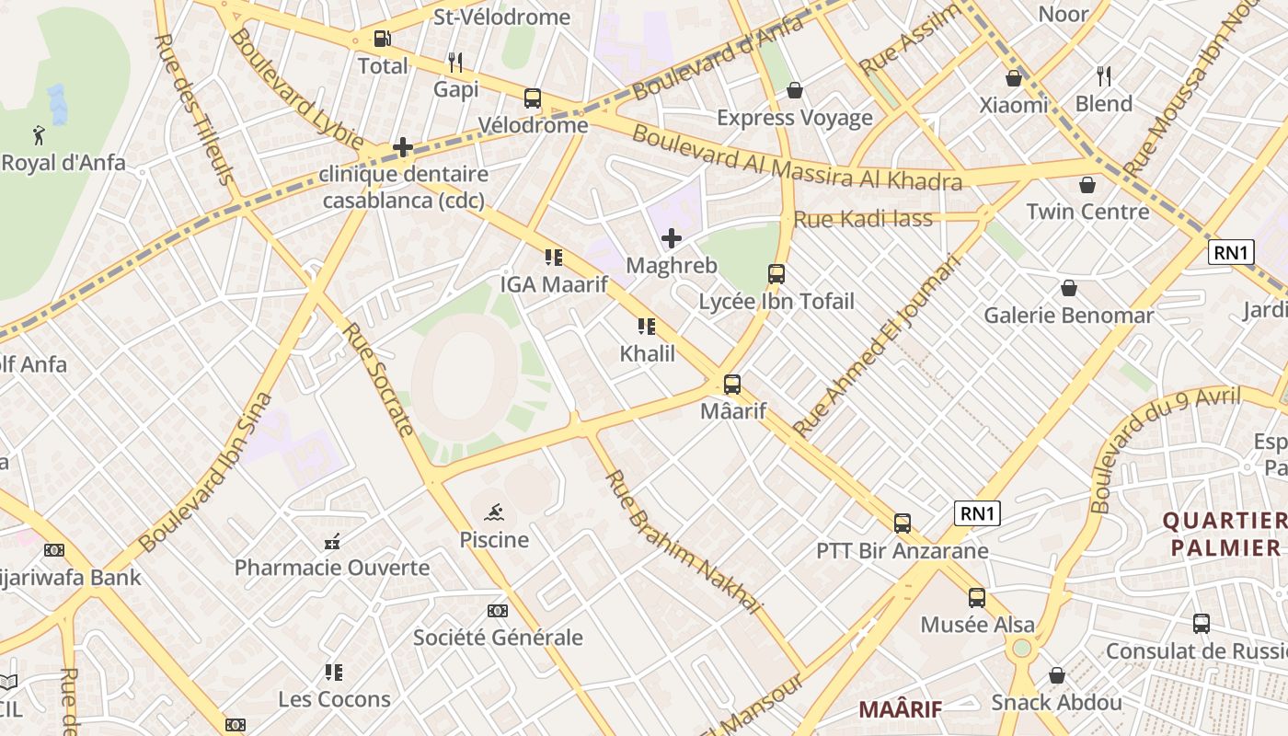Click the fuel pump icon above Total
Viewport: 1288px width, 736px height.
pyautogui.click(x=382, y=39)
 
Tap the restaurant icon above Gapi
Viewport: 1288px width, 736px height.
pyautogui.click(x=455, y=62)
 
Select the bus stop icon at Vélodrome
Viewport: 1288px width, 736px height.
pyautogui.click(x=533, y=98)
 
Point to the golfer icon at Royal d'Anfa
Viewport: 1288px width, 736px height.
pyautogui.click(x=38, y=136)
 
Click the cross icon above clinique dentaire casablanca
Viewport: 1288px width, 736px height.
pyautogui.click(x=402, y=147)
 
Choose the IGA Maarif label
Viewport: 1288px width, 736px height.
pyautogui.click(x=554, y=284)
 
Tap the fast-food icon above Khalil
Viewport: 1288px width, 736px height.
pyautogui.click(x=646, y=327)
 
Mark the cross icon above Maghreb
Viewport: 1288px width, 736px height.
pyautogui.click(x=672, y=238)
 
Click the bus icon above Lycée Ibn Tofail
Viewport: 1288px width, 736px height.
pyautogui.click(x=776, y=274)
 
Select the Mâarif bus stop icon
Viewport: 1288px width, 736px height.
pyautogui.click(x=732, y=385)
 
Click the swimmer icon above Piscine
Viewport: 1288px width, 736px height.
pyautogui.click(x=494, y=512)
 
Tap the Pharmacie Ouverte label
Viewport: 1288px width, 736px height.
pyautogui.click(x=332, y=567)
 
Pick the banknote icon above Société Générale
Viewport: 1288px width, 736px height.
pyautogui.click(x=497, y=611)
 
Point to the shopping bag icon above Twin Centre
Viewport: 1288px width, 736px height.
pyautogui.click(x=1087, y=185)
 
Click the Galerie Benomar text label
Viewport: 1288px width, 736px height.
pyautogui.click(x=1068, y=316)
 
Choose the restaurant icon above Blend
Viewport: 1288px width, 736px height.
pyautogui.click(x=1104, y=75)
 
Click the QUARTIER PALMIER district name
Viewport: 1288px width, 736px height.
pyautogui.click(x=1224, y=535)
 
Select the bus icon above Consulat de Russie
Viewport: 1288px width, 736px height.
pyautogui.click(x=1202, y=624)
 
